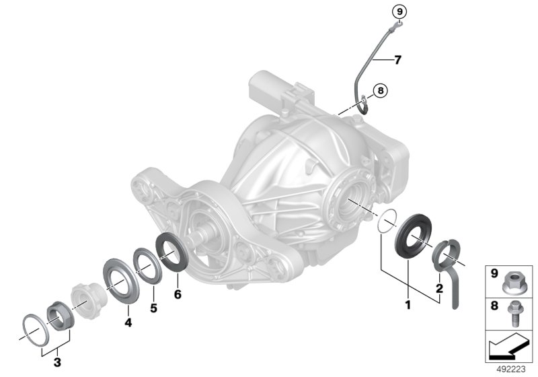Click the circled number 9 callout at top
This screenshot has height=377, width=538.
coord(399,12)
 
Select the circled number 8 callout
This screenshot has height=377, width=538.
coord(380,91)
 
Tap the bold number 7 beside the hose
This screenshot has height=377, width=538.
coord(397,60)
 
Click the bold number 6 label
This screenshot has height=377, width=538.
coord(178,294)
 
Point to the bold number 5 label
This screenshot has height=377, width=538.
coord(154,308)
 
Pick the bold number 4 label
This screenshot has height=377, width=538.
coord(128,322)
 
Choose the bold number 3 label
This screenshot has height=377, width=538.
coord(57,362)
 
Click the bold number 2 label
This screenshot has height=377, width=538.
coord(440,288)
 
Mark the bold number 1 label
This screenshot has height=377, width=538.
coord(408,304)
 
